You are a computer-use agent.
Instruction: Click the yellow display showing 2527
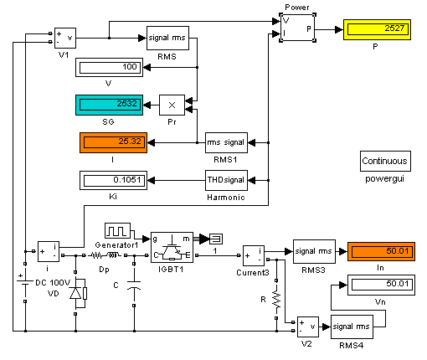click(377, 29)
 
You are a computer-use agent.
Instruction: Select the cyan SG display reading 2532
click(109, 105)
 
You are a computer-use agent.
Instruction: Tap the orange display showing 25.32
click(113, 142)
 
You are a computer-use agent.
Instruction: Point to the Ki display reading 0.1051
click(113, 180)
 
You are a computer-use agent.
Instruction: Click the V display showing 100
click(109, 67)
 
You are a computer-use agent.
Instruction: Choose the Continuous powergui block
click(385, 161)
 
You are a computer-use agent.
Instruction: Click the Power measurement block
click(297, 28)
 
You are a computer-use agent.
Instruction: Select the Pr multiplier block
click(172, 105)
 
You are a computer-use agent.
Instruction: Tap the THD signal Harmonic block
click(226, 180)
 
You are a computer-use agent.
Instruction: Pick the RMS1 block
click(226, 142)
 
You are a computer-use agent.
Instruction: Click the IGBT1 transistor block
click(172, 247)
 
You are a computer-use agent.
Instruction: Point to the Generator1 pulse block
click(117, 230)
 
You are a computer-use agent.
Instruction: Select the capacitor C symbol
click(134, 285)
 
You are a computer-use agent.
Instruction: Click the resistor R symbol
click(276, 299)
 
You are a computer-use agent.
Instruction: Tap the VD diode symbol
click(79, 293)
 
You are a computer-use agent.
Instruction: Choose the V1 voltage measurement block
click(65, 38)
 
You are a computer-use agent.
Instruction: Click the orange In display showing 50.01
click(381, 251)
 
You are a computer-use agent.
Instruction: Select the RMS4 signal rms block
click(352, 327)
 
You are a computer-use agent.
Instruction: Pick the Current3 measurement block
click(254, 255)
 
